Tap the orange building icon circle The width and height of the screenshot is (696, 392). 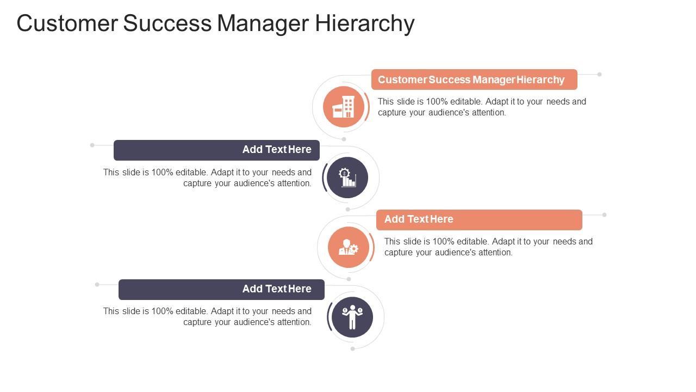(344, 107)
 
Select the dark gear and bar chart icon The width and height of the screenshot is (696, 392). (347, 177)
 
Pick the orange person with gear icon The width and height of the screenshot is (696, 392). (349, 247)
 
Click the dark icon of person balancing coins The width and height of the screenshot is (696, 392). (352, 317)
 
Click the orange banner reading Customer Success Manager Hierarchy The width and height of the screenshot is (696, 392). (474, 79)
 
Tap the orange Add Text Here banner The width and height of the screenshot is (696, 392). (478, 219)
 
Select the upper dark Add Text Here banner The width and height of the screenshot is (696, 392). (216, 150)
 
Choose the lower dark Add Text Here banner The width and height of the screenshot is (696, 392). (221, 289)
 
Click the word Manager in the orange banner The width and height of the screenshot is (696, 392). (494, 79)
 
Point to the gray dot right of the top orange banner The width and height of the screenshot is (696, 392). (599, 74)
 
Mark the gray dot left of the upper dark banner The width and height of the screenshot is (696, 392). (92, 145)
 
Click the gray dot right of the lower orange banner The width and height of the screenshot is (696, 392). (604, 215)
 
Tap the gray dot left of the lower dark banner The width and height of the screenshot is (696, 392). (97, 284)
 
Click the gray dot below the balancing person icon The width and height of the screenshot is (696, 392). (352, 348)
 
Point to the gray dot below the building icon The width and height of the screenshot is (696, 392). (344, 139)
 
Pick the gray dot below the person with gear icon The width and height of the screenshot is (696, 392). (349, 279)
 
